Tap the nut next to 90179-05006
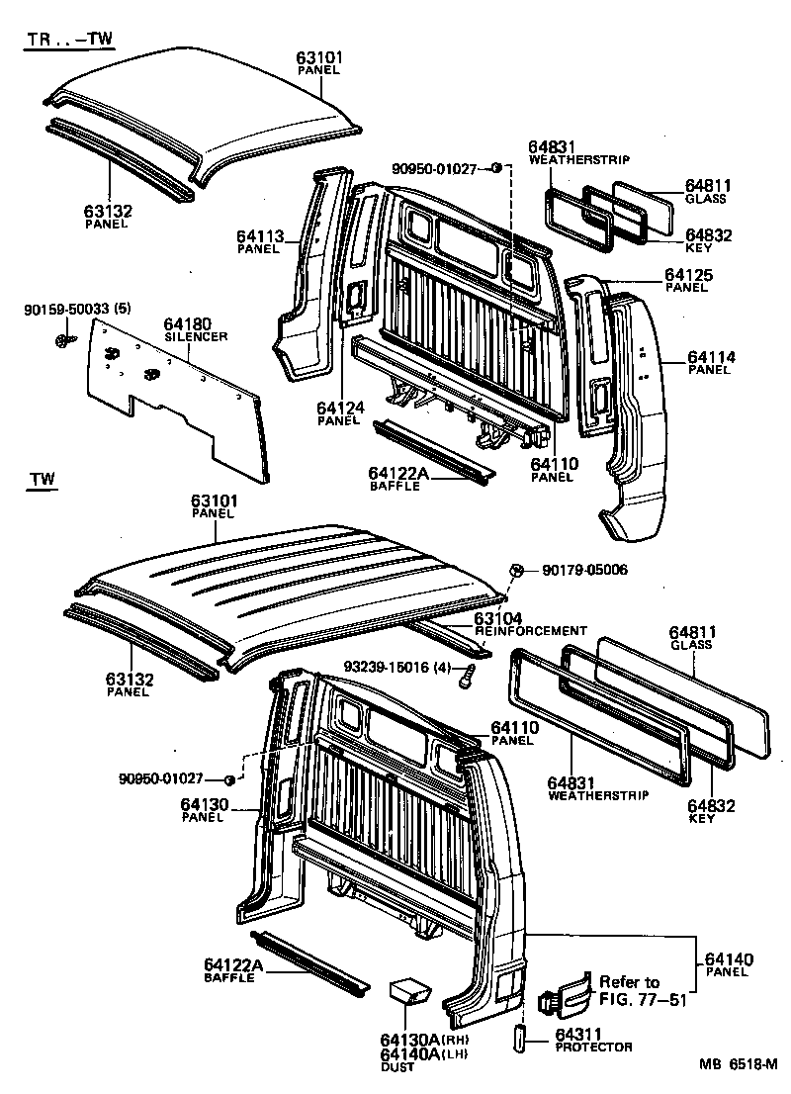[515, 571]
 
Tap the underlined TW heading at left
[42, 481]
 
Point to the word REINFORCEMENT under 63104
[531, 630]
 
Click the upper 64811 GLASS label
[705, 190]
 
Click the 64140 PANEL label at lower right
[729, 965]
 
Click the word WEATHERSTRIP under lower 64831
[597, 794]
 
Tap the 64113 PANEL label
[259, 241]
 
